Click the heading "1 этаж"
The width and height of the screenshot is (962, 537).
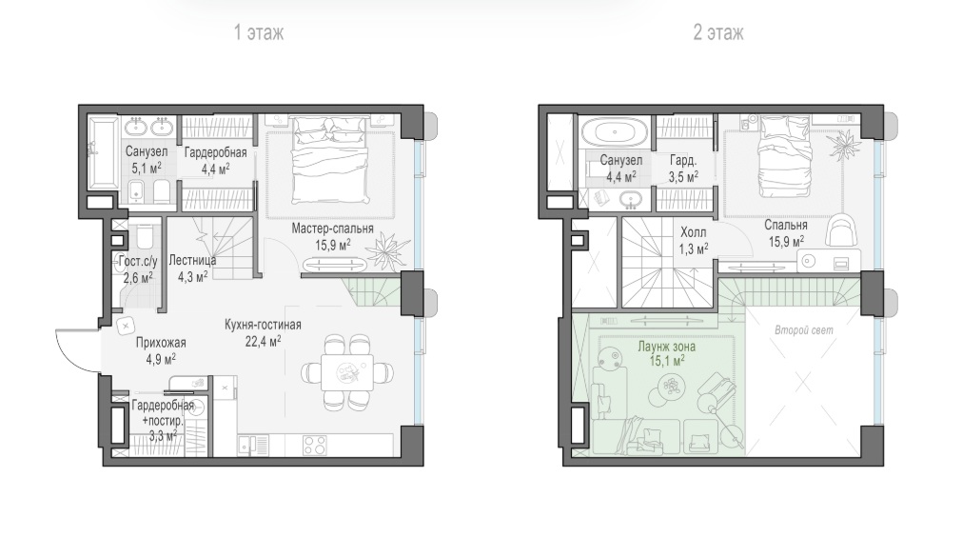coord(258,32)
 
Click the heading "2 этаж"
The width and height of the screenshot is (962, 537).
coord(717,32)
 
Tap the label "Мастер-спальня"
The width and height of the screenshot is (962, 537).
coord(332,229)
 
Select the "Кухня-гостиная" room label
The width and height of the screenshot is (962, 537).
coord(263,325)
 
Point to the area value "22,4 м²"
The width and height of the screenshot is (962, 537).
coord(264,341)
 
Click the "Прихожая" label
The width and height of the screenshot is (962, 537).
coord(161,343)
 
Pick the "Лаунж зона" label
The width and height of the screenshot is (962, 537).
coord(666,347)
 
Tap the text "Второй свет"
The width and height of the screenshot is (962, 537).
coord(804,330)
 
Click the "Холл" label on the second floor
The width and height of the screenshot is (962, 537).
coord(694,232)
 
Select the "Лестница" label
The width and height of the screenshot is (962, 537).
coord(192,260)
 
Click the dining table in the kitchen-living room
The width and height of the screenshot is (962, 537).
coord(346,372)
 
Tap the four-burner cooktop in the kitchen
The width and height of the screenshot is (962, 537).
coord(314,445)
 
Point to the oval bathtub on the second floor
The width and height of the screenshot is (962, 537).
coord(614,131)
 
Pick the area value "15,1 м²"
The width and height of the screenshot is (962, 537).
coord(667,361)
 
